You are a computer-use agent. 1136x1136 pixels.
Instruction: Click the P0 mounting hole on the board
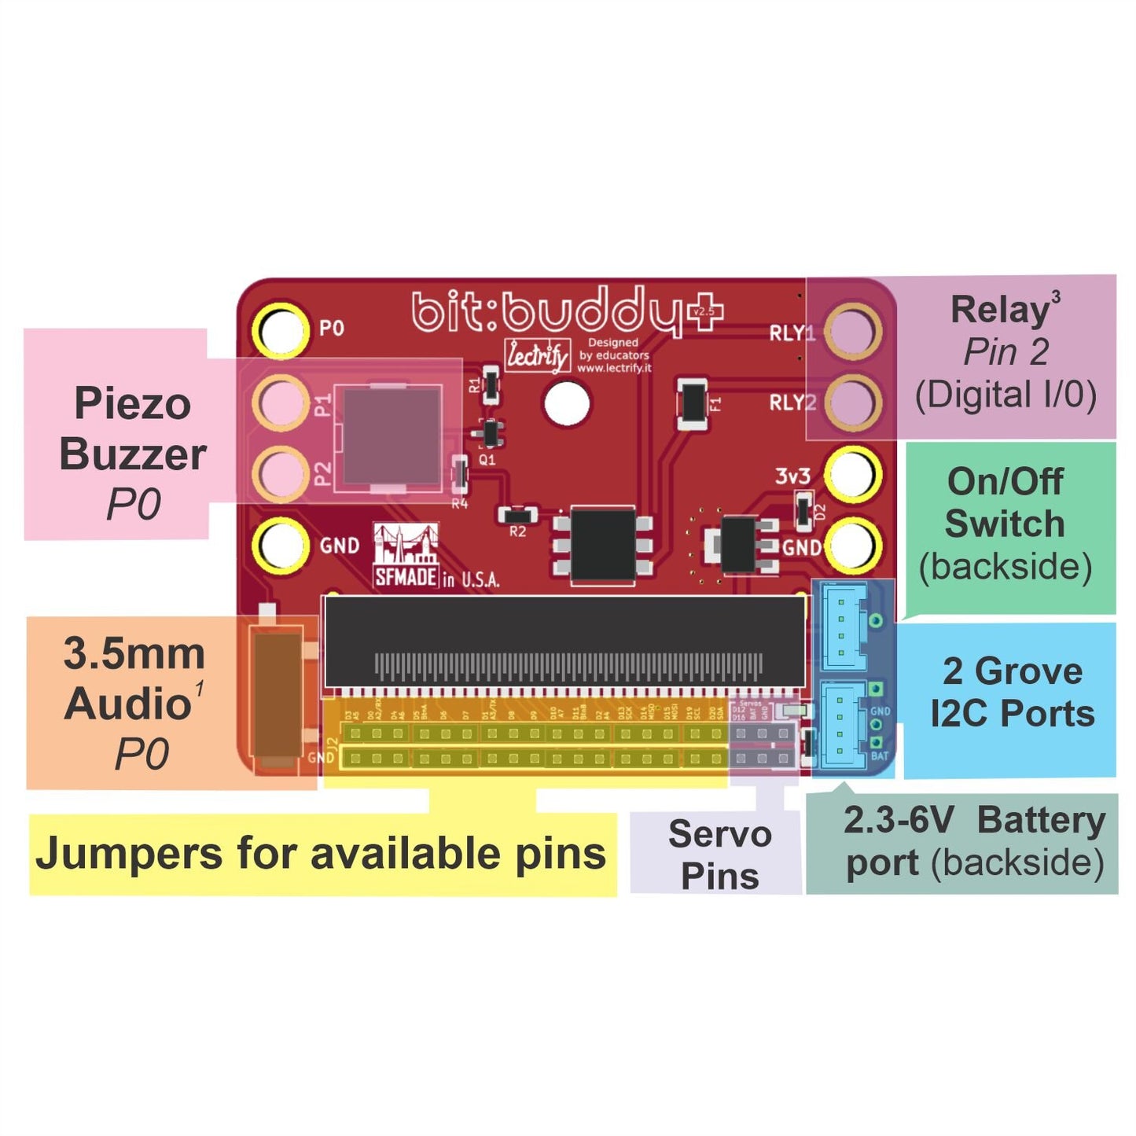(x=281, y=330)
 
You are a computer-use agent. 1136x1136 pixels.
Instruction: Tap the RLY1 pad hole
(x=853, y=330)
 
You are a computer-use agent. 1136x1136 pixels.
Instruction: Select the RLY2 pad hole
(x=853, y=403)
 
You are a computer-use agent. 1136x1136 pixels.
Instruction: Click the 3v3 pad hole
(x=853, y=475)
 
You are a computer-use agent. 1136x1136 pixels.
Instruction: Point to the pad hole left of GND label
(x=281, y=544)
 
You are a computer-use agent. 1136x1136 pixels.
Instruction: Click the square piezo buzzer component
(x=392, y=436)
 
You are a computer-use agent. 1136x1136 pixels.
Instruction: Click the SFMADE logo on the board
(x=406, y=557)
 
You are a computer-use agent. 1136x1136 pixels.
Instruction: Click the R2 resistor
(x=517, y=516)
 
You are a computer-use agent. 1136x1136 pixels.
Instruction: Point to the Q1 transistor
(x=490, y=433)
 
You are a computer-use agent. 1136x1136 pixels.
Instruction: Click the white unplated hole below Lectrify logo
(x=567, y=403)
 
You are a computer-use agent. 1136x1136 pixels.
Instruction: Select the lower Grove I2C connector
(x=843, y=724)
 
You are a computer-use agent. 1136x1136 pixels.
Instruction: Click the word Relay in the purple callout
(x=999, y=311)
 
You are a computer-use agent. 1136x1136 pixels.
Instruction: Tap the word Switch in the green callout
(x=1005, y=524)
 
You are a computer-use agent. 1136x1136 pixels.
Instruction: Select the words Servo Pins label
(x=719, y=855)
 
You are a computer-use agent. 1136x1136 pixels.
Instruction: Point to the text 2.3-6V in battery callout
(x=899, y=821)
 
